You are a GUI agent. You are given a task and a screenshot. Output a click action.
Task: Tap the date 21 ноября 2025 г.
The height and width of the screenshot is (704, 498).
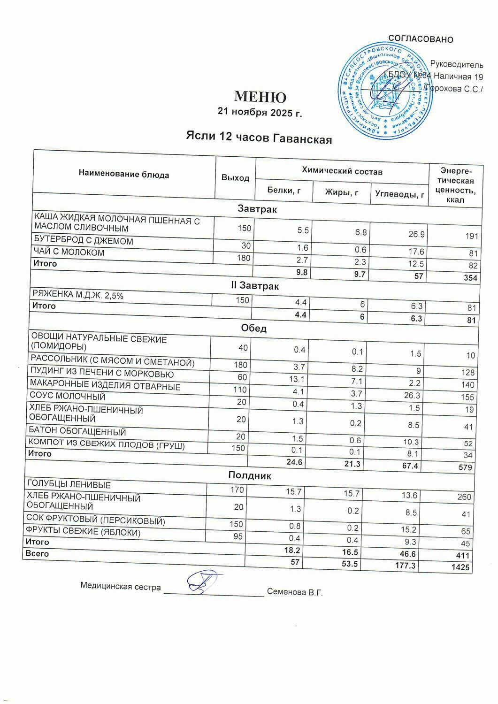[x=259, y=112]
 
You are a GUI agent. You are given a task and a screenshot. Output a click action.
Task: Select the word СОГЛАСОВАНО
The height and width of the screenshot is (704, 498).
[x=421, y=39]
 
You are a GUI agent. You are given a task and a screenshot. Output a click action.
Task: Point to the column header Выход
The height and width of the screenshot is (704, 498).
[x=235, y=178]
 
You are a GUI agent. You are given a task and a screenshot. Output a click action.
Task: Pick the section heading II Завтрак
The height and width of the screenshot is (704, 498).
[x=259, y=285]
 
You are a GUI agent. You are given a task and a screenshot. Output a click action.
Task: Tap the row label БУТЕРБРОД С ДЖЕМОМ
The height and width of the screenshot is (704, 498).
[x=84, y=241]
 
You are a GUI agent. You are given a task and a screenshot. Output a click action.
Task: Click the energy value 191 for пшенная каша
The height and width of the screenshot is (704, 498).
[x=471, y=236]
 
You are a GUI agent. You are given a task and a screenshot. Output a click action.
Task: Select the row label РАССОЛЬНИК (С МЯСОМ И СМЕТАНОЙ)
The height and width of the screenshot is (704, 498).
[x=112, y=362]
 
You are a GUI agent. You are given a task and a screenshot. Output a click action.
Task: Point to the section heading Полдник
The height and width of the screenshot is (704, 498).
[x=250, y=475]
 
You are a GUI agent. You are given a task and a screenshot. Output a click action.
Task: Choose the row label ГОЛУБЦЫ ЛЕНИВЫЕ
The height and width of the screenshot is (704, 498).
[x=69, y=484]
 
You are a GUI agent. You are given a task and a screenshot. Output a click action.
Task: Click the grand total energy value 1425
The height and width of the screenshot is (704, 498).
[x=460, y=567]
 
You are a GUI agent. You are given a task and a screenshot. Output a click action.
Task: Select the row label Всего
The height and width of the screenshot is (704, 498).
[x=37, y=554]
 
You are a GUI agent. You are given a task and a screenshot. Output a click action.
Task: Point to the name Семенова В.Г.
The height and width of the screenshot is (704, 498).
[x=295, y=592]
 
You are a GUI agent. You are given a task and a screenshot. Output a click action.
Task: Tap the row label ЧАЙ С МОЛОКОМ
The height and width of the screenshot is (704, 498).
[x=69, y=253]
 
